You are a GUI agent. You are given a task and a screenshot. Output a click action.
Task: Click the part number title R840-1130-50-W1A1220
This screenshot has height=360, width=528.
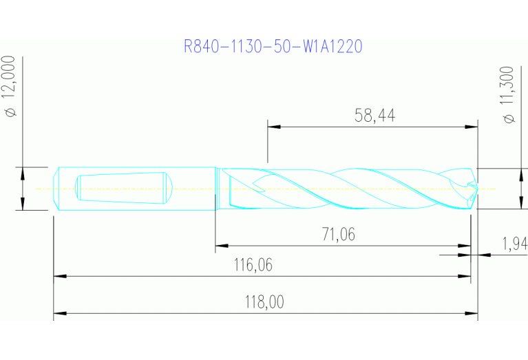[273, 46]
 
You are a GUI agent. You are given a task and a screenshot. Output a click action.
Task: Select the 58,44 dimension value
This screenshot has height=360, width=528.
[374, 116]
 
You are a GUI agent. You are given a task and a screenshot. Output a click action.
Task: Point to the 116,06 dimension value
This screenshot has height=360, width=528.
[260, 265]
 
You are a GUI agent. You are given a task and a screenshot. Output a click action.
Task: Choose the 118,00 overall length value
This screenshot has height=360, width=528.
[265, 302]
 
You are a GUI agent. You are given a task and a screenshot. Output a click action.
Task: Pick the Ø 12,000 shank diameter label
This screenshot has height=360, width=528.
[11, 87]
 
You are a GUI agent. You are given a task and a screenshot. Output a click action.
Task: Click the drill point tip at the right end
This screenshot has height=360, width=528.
[475, 188]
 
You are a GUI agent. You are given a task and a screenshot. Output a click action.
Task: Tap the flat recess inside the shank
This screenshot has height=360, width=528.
[120, 188]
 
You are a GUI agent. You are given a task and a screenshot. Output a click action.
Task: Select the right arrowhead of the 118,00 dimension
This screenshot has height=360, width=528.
[472, 315]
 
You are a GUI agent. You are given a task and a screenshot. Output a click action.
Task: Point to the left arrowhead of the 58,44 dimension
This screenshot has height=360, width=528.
[273, 127]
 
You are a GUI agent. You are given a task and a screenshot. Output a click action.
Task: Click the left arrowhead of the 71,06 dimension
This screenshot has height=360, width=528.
[221, 244]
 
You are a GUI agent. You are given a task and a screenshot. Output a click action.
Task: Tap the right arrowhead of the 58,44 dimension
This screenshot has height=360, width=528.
[472, 127]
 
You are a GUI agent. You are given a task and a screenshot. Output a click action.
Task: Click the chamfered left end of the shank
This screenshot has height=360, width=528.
[56, 188]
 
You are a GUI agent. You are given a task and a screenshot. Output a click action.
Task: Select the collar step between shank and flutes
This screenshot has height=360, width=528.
[217, 188]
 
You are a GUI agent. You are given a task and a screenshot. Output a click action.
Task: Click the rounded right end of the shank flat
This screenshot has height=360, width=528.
[167, 188]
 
